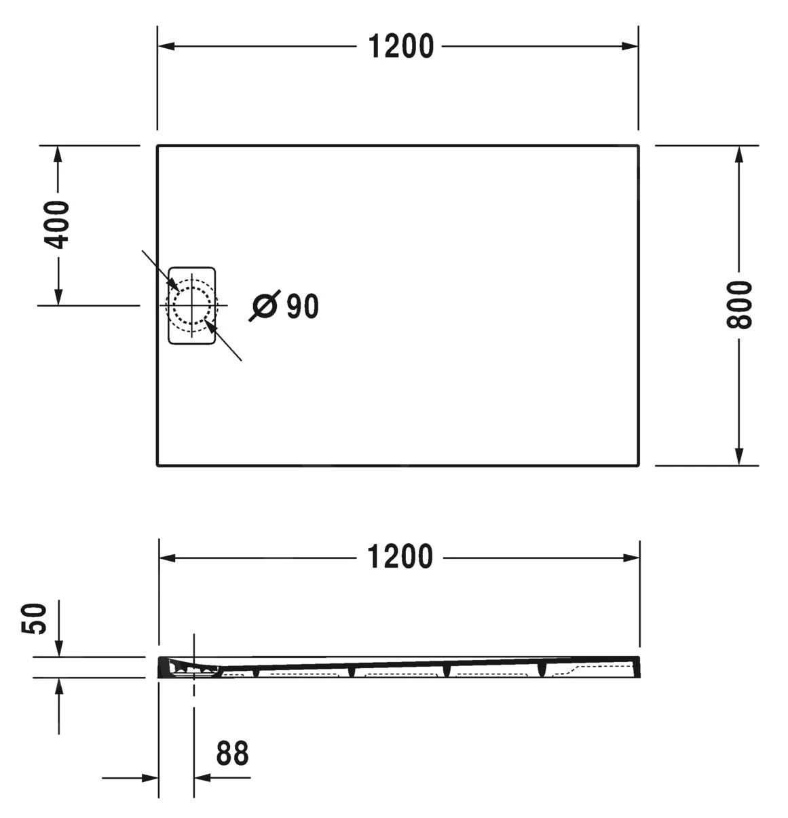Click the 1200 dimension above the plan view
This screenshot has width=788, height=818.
(x=400, y=47)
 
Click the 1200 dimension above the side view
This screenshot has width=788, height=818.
(x=400, y=557)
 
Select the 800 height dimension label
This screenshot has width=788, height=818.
(x=739, y=305)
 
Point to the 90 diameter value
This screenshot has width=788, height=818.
(x=302, y=307)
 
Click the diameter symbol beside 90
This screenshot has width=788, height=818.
(x=264, y=306)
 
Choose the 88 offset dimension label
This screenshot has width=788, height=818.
(x=232, y=754)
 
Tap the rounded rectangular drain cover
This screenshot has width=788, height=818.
(x=192, y=305)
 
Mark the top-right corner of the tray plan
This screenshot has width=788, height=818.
(x=638, y=146)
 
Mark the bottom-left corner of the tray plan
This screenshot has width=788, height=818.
(x=158, y=465)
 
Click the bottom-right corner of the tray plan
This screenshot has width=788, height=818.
(x=638, y=465)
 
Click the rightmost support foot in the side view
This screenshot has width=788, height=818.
(x=542, y=669)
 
